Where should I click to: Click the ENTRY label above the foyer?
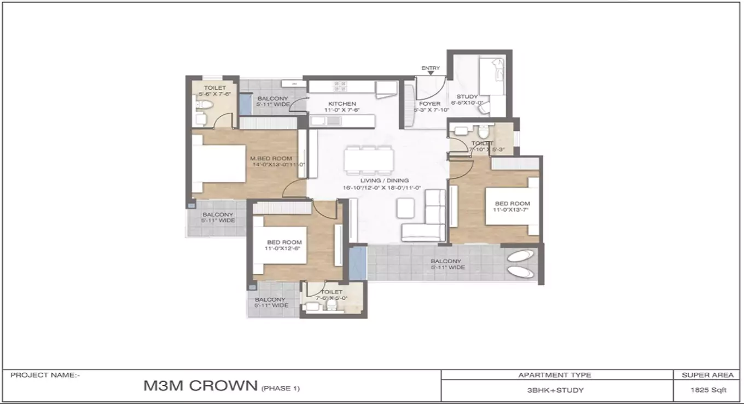point(431,68)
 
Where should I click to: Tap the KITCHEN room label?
point(342,104)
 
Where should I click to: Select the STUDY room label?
point(467,97)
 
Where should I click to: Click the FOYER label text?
point(429,103)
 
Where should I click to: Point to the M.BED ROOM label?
point(272,159)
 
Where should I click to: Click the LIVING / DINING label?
point(384,181)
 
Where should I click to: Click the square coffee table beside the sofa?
point(405,206)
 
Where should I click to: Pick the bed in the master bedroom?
point(219,164)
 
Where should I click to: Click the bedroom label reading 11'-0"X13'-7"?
point(512,207)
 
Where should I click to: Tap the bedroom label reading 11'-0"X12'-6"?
point(284,245)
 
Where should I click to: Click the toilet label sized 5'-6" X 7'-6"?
point(214,91)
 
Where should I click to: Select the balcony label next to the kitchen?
point(273,101)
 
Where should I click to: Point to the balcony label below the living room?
point(445,264)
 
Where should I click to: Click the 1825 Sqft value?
point(707,390)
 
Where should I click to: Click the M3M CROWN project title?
point(200,386)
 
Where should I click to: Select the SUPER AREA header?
point(707,375)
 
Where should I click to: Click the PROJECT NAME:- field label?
point(45,375)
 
